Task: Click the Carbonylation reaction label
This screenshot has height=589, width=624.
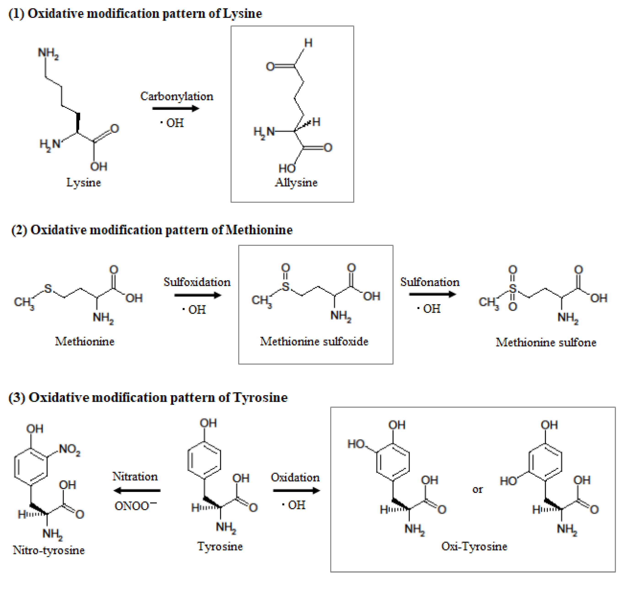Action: pyautogui.click(x=177, y=96)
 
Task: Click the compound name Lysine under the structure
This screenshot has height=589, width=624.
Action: pyautogui.click(x=84, y=182)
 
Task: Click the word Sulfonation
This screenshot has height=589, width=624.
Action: pyautogui.click(x=430, y=282)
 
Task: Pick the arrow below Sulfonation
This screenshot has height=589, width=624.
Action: pyautogui.click(x=432, y=294)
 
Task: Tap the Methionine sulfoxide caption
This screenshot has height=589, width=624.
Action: pyautogui.click(x=314, y=341)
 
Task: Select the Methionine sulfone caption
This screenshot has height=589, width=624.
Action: pyautogui.click(x=546, y=342)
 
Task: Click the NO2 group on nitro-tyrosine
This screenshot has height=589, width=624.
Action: pyautogui.click(x=69, y=449)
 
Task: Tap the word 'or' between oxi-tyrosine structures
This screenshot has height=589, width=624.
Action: pyautogui.click(x=477, y=490)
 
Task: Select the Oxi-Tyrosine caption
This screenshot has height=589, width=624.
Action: pyautogui.click(x=474, y=547)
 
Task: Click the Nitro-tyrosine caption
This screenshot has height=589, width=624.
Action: pyautogui.click(x=49, y=550)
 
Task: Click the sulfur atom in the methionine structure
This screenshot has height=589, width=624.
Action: pyautogui.click(x=48, y=289)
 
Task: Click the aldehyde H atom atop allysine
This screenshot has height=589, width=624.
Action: pyautogui.click(x=308, y=43)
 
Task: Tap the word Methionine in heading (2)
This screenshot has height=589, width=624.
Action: pyautogui.click(x=259, y=230)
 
